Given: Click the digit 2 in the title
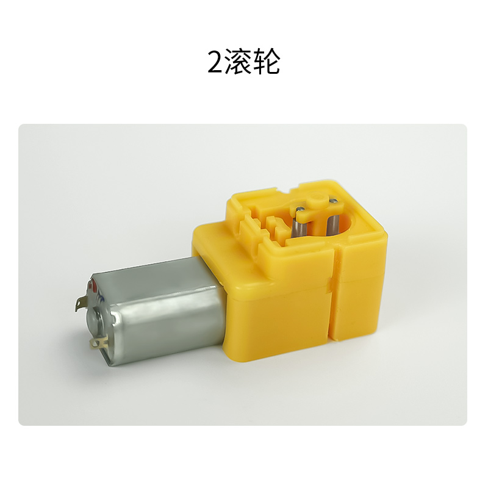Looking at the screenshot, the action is coord(215,62).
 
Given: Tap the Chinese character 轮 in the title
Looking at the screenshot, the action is coord(265,62).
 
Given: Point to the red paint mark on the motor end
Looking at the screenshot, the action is coord(93,284).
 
